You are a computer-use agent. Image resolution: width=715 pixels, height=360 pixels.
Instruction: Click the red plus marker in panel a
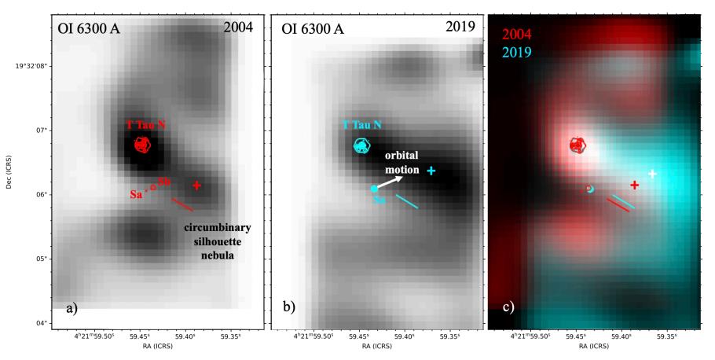(x=196, y=186)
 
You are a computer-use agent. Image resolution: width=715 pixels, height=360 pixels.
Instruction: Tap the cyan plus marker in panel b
(x=431, y=171)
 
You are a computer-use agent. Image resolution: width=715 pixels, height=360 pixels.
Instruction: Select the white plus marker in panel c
(x=652, y=173)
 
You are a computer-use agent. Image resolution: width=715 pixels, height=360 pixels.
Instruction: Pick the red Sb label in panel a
(x=164, y=182)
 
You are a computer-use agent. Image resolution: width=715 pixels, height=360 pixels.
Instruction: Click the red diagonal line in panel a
(x=182, y=205)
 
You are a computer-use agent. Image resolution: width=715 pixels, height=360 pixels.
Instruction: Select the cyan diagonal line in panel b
(x=406, y=201)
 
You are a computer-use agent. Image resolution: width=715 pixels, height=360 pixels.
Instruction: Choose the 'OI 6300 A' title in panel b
(x=317, y=29)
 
